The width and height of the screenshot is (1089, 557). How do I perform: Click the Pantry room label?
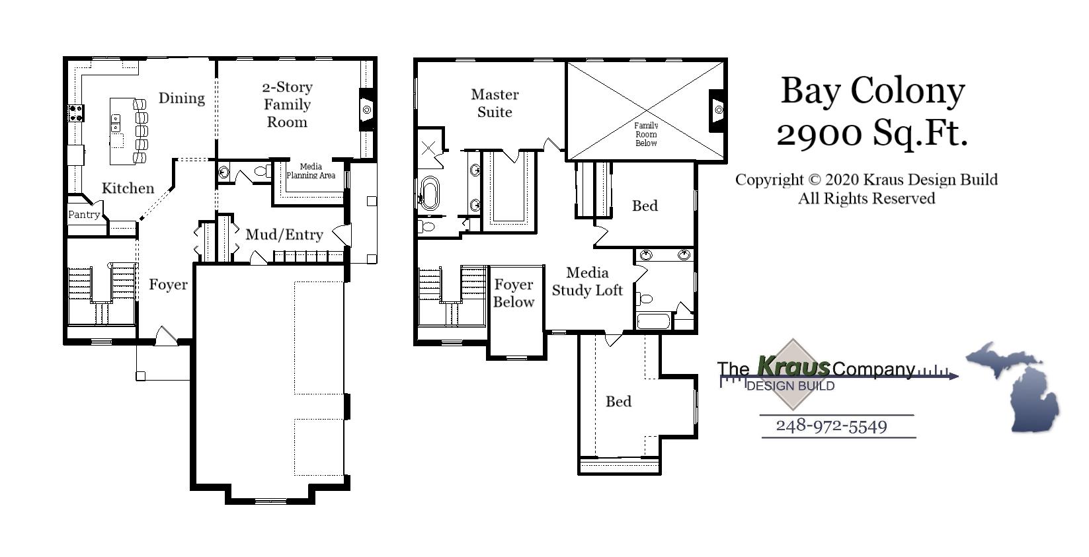[x=84, y=214]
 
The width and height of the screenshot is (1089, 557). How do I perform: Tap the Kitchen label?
[x=128, y=188]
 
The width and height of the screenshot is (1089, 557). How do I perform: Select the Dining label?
[x=181, y=98]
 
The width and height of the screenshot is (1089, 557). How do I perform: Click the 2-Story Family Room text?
[x=287, y=104]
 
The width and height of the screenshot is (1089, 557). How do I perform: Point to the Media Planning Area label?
[x=311, y=171]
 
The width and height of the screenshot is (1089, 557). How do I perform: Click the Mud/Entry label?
[x=284, y=235]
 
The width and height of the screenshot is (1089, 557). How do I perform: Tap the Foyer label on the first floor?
[x=168, y=285]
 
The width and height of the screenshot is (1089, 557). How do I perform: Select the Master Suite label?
[x=495, y=103]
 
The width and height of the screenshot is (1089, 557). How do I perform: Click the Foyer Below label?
[x=514, y=293]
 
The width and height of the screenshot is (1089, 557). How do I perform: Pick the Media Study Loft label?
[x=587, y=281]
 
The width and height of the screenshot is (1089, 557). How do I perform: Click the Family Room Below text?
[x=646, y=134]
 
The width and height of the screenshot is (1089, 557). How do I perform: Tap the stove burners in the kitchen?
[x=75, y=113]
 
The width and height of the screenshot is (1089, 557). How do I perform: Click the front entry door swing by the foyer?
[x=166, y=336]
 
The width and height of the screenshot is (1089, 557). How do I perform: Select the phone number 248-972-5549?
[x=831, y=426]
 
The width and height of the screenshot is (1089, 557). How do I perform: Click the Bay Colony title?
[x=873, y=91]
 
